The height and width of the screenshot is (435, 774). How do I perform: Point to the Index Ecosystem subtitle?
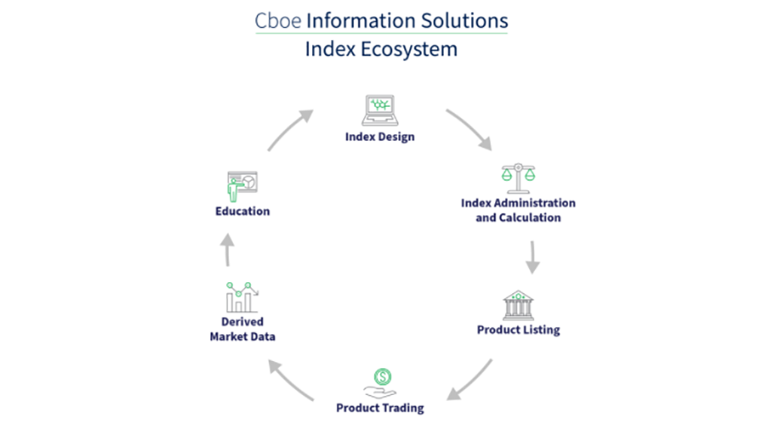[x=381, y=48]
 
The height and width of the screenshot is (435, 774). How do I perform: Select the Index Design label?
[x=380, y=136]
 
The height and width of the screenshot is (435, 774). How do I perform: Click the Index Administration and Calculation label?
[x=518, y=210]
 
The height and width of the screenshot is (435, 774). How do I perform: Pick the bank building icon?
[x=518, y=304]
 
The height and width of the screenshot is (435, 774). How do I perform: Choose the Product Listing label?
[x=518, y=330]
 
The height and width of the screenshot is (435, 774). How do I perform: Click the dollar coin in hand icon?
[x=380, y=382]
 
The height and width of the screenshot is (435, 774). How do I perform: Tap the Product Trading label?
[x=380, y=408]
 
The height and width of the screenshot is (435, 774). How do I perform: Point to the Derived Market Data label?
[x=242, y=329]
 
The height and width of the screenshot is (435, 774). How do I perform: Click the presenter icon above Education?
[x=242, y=186]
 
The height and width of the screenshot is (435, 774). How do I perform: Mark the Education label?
[x=242, y=211]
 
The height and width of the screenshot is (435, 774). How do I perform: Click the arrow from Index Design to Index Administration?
[x=469, y=129]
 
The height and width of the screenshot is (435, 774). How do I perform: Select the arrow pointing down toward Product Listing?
[x=533, y=257]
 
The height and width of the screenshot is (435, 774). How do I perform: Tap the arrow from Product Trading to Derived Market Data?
[x=290, y=380]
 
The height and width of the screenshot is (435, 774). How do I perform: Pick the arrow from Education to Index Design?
[x=290, y=130]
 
